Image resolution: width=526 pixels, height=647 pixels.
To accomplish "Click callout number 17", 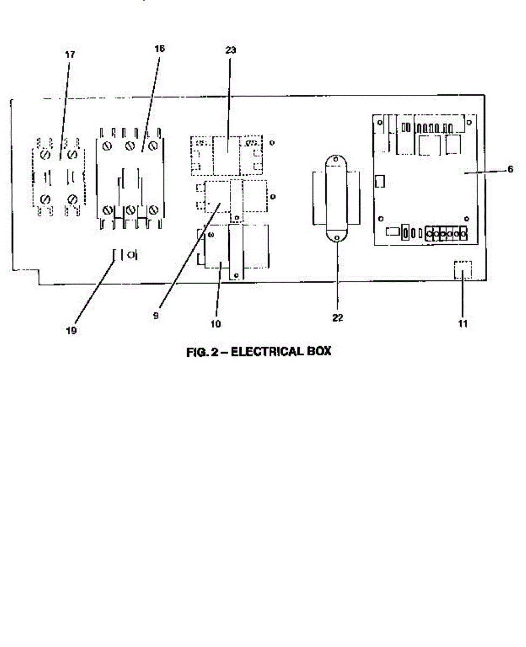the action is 70,54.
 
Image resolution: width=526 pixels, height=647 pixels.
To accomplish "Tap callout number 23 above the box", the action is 231,50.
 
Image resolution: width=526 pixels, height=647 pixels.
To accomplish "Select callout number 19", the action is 71,331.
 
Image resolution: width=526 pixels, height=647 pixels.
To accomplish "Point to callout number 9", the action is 156,315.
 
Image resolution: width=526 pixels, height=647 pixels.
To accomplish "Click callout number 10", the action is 216,324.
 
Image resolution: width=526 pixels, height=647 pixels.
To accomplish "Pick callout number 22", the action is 338,318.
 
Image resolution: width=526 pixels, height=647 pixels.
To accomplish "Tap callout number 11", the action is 463,323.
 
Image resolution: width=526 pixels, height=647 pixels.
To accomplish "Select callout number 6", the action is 510,169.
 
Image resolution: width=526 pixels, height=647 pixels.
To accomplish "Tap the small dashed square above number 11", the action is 463,270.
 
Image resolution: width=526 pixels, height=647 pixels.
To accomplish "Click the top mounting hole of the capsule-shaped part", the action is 336,159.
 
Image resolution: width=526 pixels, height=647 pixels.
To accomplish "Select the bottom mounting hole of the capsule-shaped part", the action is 337,238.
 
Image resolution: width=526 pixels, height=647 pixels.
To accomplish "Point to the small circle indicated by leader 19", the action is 131,254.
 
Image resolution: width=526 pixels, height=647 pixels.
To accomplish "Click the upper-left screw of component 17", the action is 45,155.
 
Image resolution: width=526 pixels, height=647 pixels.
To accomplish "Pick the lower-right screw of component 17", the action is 73,199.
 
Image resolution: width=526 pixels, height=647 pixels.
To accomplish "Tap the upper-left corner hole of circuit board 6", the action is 380,123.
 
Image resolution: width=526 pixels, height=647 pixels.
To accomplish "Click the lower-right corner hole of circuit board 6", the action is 467,219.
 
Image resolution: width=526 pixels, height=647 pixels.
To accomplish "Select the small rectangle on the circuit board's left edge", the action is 380,181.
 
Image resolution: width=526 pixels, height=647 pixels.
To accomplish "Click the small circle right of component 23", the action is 272,142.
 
